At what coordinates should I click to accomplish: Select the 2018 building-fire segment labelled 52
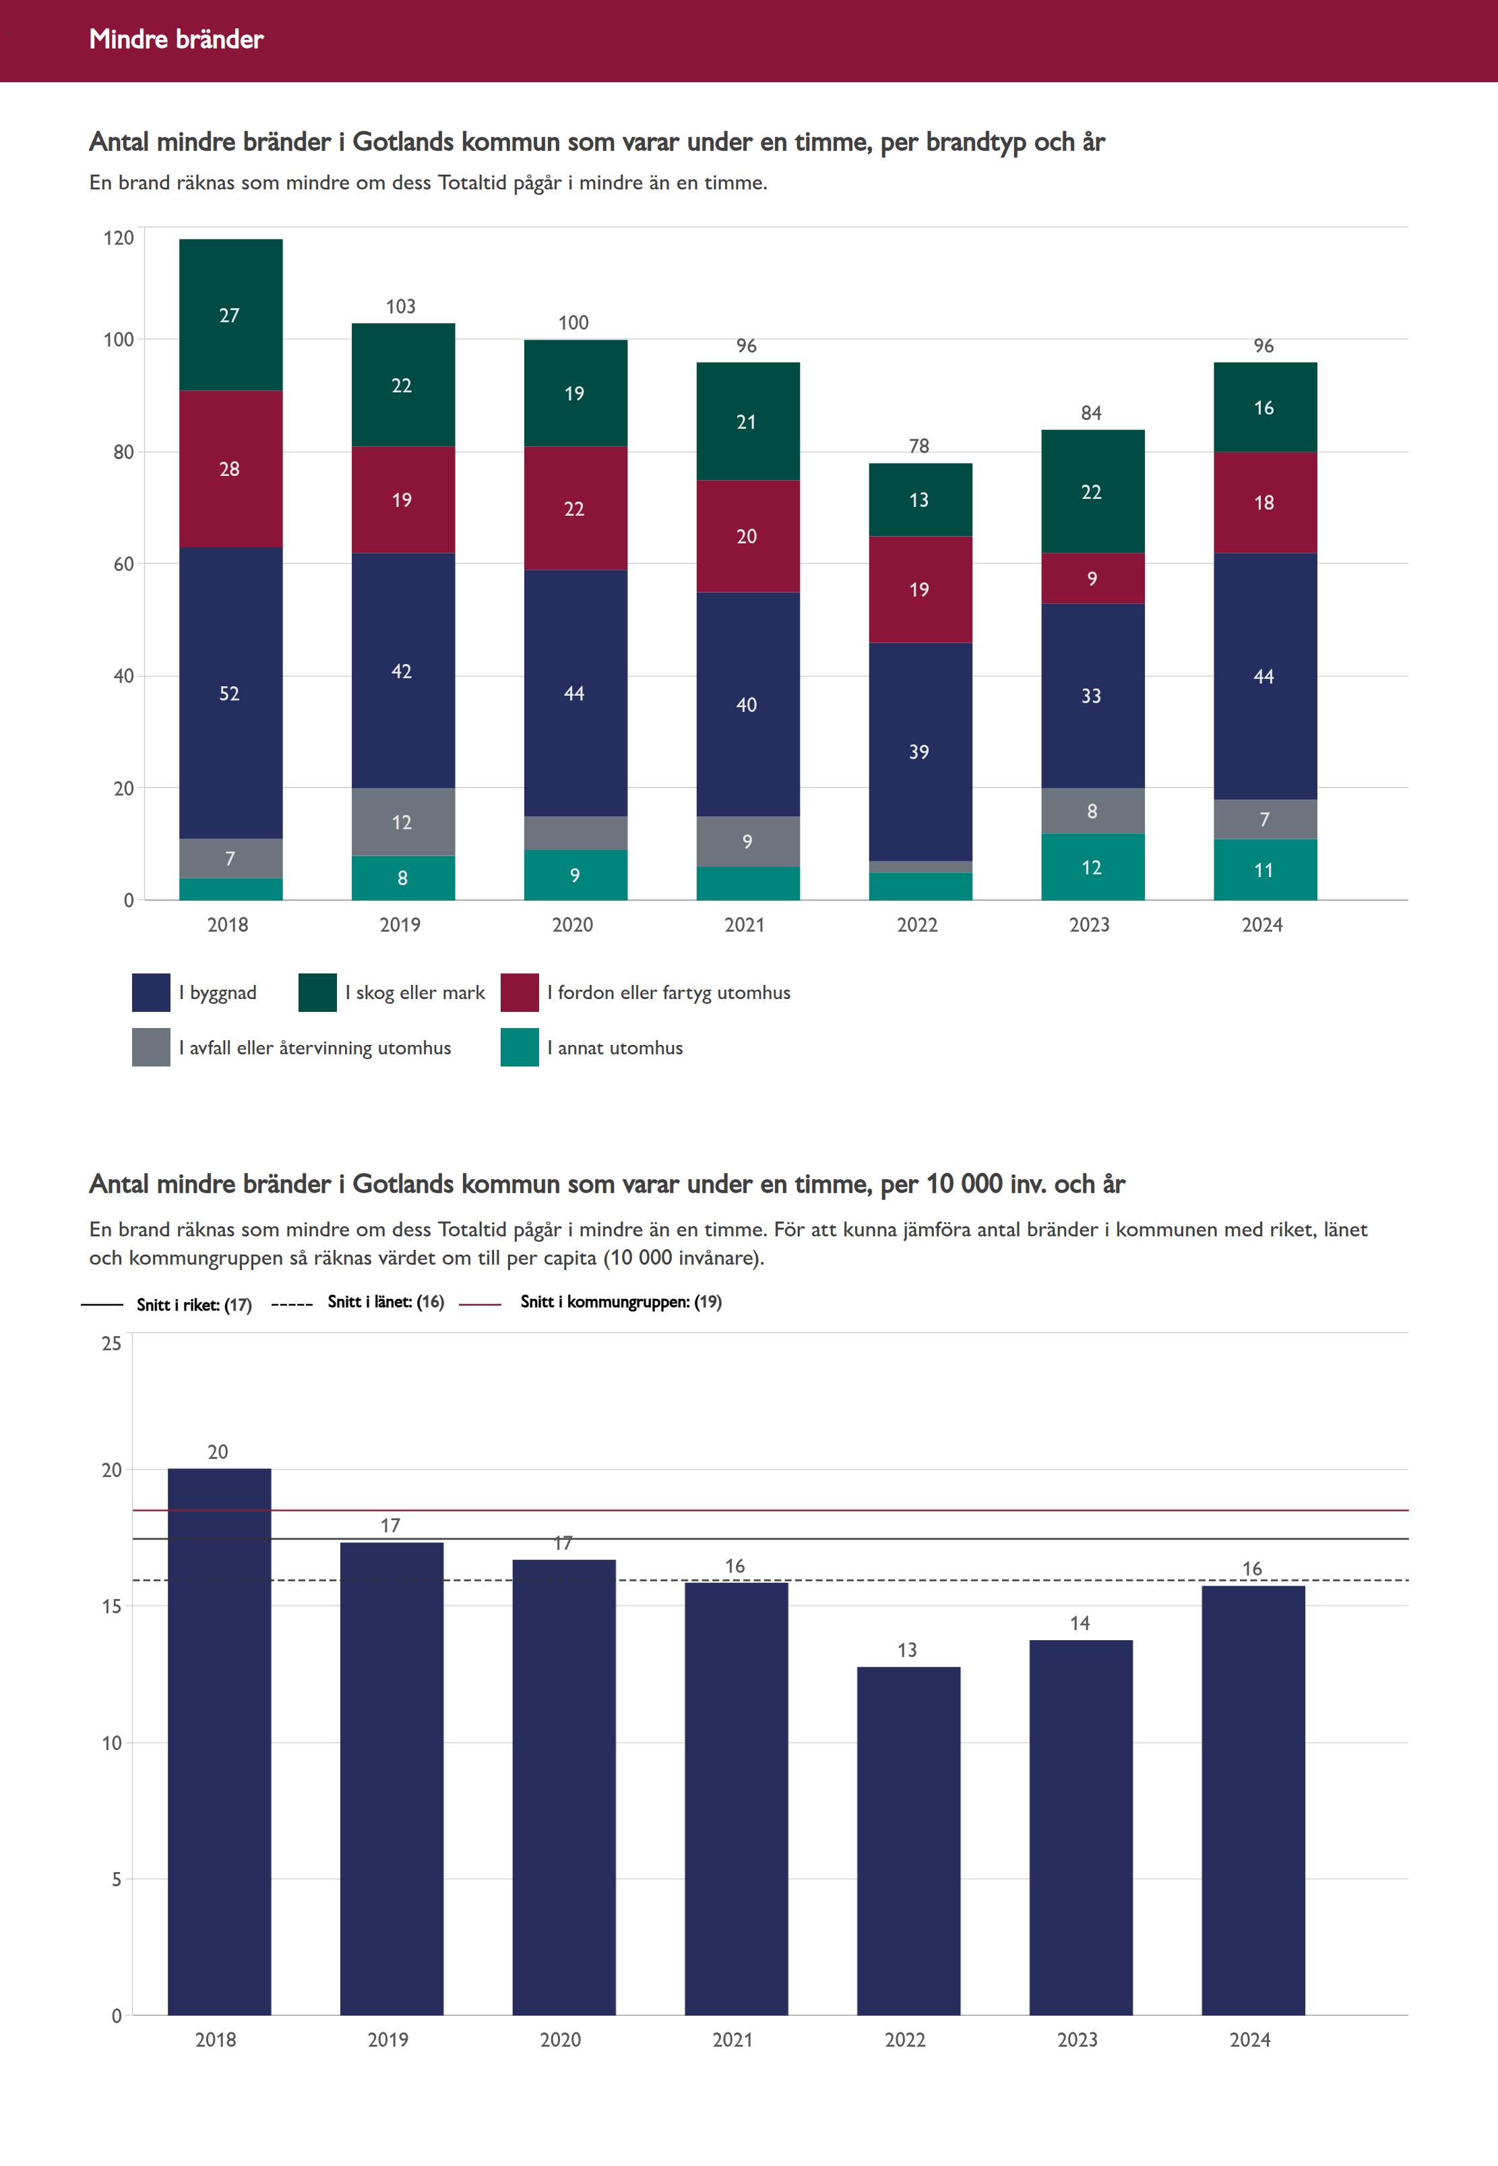tap(230, 693)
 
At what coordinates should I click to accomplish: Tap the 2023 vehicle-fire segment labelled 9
tap(1092, 578)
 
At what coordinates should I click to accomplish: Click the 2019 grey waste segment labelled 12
tap(403, 822)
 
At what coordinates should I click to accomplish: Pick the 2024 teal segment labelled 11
tap(1264, 870)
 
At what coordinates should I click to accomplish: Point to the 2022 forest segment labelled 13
tap(919, 500)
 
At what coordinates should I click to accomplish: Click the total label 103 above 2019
tap(401, 306)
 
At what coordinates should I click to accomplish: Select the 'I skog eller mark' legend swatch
tap(317, 992)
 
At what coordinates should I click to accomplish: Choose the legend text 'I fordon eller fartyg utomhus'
tap(668, 992)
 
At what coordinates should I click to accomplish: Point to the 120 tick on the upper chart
tap(119, 237)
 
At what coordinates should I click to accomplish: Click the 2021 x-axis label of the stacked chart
tap(745, 925)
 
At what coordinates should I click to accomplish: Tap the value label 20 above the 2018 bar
tap(218, 1451)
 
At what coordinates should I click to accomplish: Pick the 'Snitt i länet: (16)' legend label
tap(385, 1301)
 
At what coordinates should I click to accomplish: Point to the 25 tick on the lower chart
tap(112, 1344)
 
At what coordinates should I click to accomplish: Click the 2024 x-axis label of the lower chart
tap(1249, 2039)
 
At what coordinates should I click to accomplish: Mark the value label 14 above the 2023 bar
tap(1080, 1623)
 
